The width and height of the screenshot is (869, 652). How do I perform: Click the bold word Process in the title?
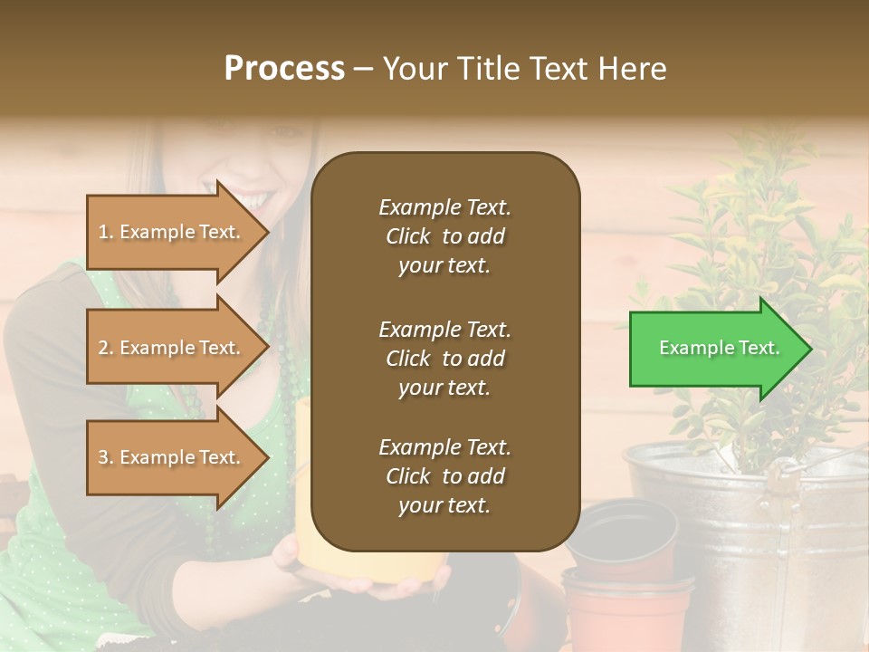284,68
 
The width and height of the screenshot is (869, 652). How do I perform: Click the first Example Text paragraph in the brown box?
444,236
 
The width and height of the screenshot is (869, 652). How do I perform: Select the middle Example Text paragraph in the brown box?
444,358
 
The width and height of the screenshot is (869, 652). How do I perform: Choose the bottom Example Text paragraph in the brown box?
444,475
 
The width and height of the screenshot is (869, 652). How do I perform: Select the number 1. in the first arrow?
105,232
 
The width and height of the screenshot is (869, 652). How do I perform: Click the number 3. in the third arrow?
105,457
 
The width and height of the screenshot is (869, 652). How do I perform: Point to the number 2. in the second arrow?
105,348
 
